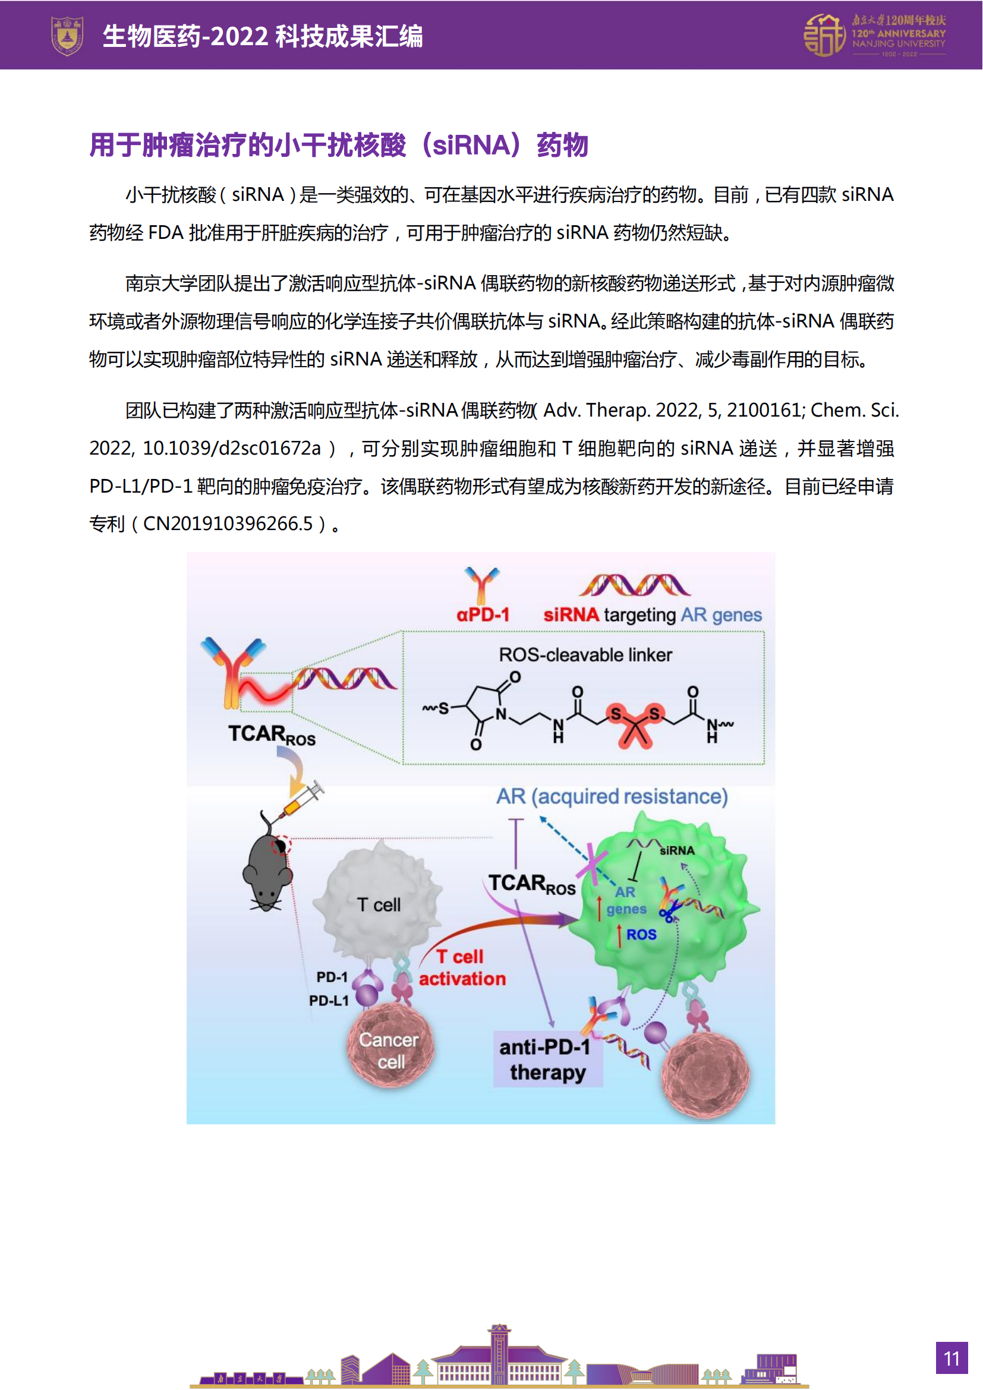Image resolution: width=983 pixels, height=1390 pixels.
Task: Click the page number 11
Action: coord(951,1359)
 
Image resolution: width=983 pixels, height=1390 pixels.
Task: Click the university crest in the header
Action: coord(67,36)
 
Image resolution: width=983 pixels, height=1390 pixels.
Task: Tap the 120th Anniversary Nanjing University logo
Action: coord(874,36)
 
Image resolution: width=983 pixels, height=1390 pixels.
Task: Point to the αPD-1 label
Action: coord(483,614)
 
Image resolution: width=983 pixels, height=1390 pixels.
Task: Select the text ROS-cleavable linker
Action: coord(585,654)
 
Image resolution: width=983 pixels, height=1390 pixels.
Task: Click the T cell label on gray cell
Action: coord(379,904)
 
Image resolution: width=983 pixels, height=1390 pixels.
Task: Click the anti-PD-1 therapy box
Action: coord(547,1060)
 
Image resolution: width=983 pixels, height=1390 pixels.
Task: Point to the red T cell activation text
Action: coord(462,967)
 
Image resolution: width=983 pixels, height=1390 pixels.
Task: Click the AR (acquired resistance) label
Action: coord(612,796)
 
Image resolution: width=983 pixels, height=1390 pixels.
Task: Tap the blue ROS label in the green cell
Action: coord(641,934)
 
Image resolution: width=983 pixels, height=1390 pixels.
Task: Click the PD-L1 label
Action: coord(329,1000)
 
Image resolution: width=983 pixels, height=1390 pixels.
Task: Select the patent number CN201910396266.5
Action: coord(228,524)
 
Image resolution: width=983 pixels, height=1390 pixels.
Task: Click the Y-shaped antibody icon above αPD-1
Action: coord(482,584)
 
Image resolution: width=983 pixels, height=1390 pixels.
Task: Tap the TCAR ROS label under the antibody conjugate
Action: coord(271,735)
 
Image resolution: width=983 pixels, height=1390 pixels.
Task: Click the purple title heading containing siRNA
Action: coord(338,145)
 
